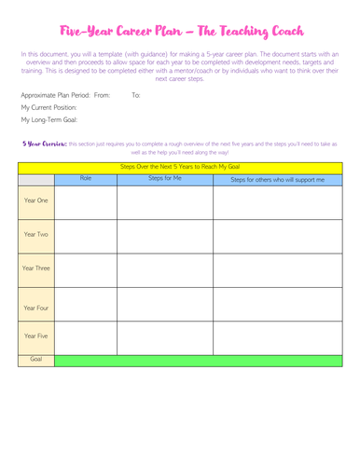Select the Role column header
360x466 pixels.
click(86, 177)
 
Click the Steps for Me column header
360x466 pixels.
click(165, 177)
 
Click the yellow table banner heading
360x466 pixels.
click(180, 166)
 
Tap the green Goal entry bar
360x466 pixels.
click(204, 358)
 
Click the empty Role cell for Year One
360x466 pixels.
click(86, 200)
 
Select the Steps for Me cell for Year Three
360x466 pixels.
click(165, 268)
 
